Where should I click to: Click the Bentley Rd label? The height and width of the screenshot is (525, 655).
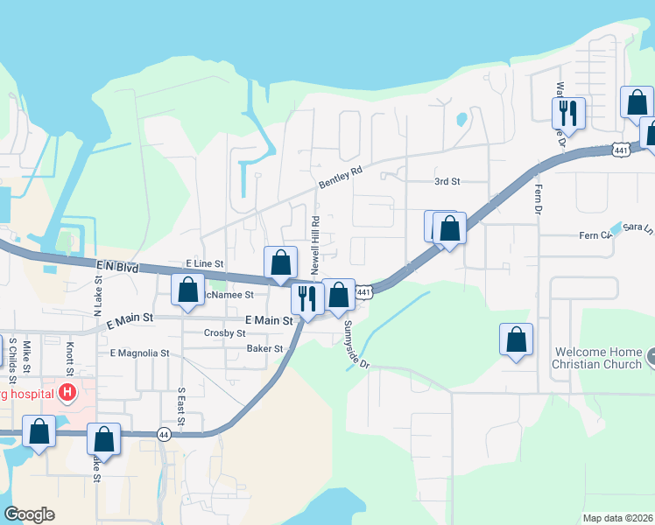[341, 178]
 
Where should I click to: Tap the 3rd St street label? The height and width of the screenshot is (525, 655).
[447, 181]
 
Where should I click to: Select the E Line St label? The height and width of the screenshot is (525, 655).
[204, 263]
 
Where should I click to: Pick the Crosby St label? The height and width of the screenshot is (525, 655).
[224, 333]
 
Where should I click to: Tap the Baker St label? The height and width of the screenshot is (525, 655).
[264, 348]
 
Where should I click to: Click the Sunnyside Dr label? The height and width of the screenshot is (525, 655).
[356, 343]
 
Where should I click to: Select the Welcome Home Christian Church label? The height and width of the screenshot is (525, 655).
[596, 359]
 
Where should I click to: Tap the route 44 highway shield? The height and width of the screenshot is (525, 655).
[164, 434]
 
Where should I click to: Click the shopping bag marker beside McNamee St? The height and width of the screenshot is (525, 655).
[187, 291]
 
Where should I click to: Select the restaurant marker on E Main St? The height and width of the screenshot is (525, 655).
[306, 299]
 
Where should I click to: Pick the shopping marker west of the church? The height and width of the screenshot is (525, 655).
[517, 341]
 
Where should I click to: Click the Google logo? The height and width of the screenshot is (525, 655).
[29, 514]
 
